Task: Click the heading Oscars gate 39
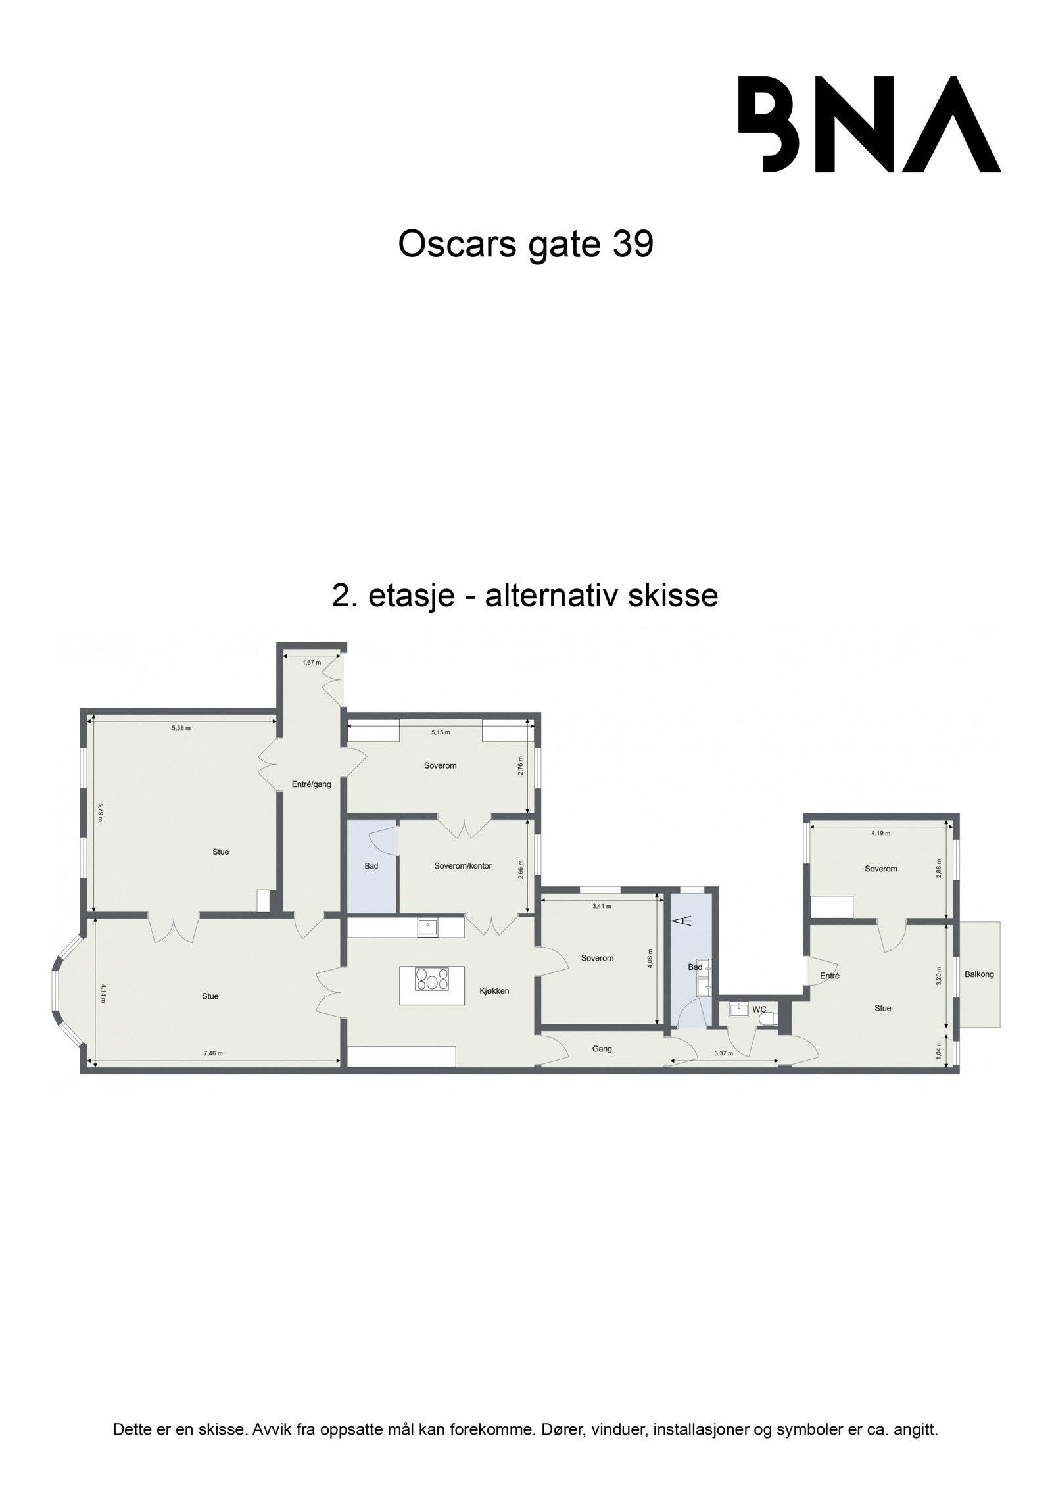click(525, 245)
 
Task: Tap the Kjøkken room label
click(494, 991)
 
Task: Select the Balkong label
click(979, 974)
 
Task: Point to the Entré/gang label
click(311, 784)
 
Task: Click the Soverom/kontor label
click(463, 866)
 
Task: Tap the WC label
click(759, 1009)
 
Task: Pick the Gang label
click(602, 1049)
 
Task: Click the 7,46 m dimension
click(213, 1053)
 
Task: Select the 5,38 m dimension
click(181, 728)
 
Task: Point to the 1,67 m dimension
click(311, 662)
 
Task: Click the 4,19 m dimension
click(880, 833)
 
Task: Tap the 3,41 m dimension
click(602, 906)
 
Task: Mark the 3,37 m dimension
click(723, 1053)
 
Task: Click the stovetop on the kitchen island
click(432, 980)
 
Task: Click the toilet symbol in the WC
click(767, 1020)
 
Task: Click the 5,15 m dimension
click(441, 732)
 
